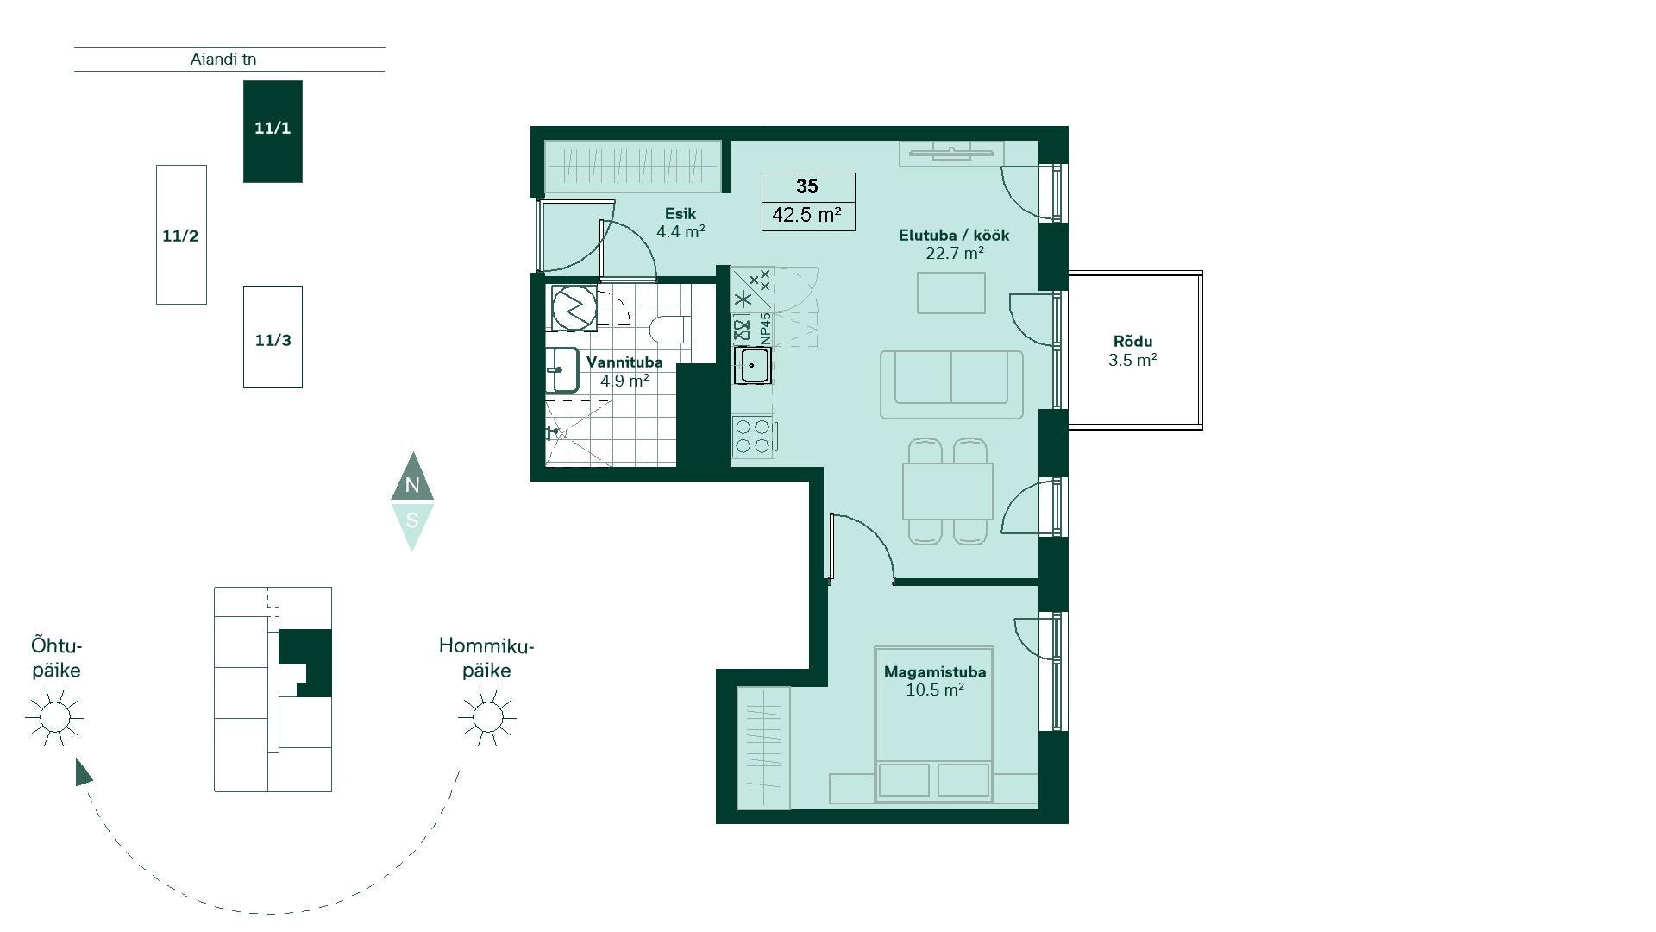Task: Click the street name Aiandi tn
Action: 223,60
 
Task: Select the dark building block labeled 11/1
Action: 273,131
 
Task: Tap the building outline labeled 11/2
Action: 181,235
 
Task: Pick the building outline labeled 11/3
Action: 273,337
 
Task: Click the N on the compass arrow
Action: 412,485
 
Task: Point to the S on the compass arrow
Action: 412,520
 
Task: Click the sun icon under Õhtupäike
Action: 54,717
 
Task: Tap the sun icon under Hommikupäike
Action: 487,717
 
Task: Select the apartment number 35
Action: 807,186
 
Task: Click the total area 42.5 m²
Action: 807,214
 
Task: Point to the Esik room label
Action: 681,213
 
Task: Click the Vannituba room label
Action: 624,362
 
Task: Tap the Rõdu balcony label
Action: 1132,341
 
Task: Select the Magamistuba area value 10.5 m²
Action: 935,690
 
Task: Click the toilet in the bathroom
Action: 668,329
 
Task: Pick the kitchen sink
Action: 753,365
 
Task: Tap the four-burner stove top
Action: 752,436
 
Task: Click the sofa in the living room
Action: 951,384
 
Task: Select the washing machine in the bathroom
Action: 574,308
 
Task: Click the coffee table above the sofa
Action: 951,293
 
